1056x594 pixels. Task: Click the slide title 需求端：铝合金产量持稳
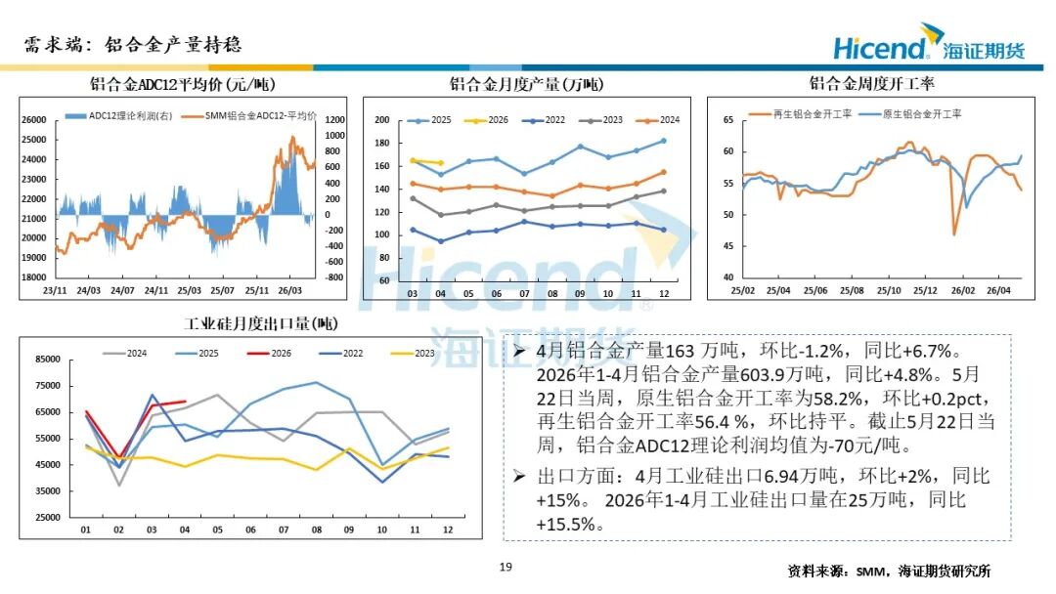[133, 45]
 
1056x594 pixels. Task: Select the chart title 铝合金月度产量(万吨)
[527, 84]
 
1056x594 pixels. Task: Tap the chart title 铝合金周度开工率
[871, 83]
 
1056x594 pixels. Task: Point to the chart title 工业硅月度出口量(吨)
[261, 323]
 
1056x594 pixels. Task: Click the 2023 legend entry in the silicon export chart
[413, 353]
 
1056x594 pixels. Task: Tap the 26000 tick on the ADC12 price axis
[33, 120]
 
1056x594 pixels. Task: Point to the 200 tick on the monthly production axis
[382, 120]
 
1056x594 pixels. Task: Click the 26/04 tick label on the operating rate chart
[998, 290]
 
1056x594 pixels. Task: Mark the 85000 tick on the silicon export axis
[48, 360]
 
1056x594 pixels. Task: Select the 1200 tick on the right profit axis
[334, 120]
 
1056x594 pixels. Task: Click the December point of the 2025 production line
[663, 142]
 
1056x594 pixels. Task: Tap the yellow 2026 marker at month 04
[441, 163]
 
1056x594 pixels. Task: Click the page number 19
[506, 567]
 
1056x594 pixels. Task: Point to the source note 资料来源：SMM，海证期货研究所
[889, 572]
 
